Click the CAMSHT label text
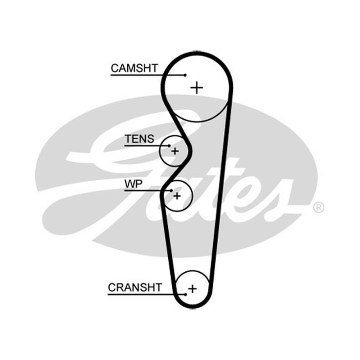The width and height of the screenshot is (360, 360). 134,68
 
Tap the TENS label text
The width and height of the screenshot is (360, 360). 139,139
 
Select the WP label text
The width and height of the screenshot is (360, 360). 133,184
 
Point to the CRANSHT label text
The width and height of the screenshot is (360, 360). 135,288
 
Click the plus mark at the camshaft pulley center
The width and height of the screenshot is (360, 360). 197,88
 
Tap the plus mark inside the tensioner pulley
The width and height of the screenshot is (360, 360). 175,151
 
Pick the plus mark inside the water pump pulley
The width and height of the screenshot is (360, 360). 177,196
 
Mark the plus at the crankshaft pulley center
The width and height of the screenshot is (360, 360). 193,288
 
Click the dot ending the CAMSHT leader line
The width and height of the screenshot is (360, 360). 185,75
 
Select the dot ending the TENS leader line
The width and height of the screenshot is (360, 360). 169,145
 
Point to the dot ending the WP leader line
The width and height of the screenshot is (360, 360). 171,190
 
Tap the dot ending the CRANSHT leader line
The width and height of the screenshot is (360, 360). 185,294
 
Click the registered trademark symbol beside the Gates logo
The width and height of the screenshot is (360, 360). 319,207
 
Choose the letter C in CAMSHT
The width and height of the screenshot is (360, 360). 115,68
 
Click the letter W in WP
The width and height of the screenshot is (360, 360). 130,184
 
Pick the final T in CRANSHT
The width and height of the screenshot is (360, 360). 159,288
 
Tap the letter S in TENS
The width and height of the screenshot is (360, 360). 150,139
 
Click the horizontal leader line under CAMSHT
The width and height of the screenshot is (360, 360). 148,75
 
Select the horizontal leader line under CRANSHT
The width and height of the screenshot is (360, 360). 147,294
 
